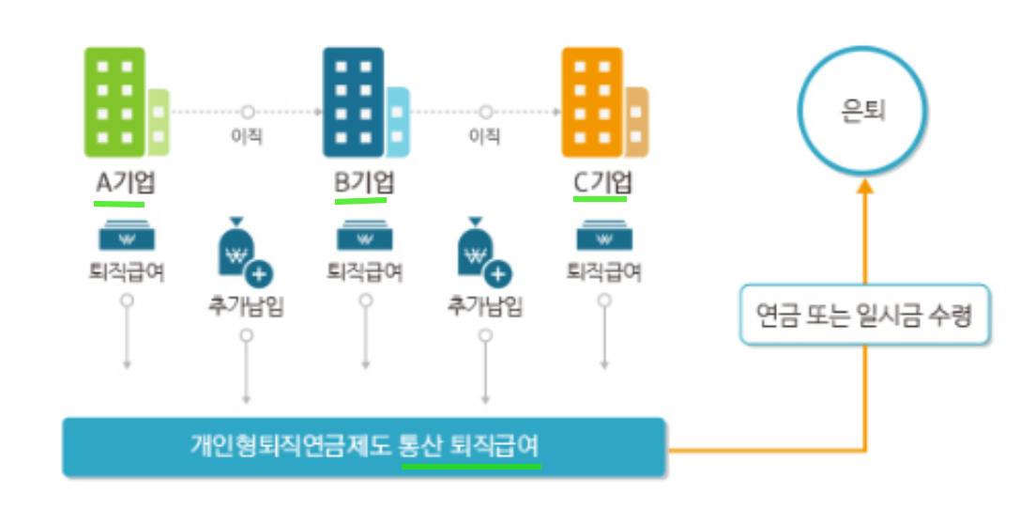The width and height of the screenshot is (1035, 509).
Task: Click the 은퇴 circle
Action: pyautogui.click(x=862, y=111)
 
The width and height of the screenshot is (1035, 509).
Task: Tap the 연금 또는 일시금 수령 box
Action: pyautogui.click(x=862, y=314)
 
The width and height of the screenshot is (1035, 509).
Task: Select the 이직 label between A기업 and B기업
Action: pyautogui.click(x=247, y=136)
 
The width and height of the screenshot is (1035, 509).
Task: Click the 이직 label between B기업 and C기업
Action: pyautogui.click(x=484, y=136)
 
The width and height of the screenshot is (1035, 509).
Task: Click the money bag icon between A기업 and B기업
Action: pyautogui.click(x=240, y=252)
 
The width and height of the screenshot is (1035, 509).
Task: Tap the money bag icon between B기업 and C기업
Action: pyautogui.click(x=480, y=252)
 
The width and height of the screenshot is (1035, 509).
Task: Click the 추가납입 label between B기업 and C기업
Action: pyautogui.click(x=484, y=307)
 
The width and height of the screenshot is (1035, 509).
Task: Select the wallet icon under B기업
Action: pyautogui.click(x=364, y=236)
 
